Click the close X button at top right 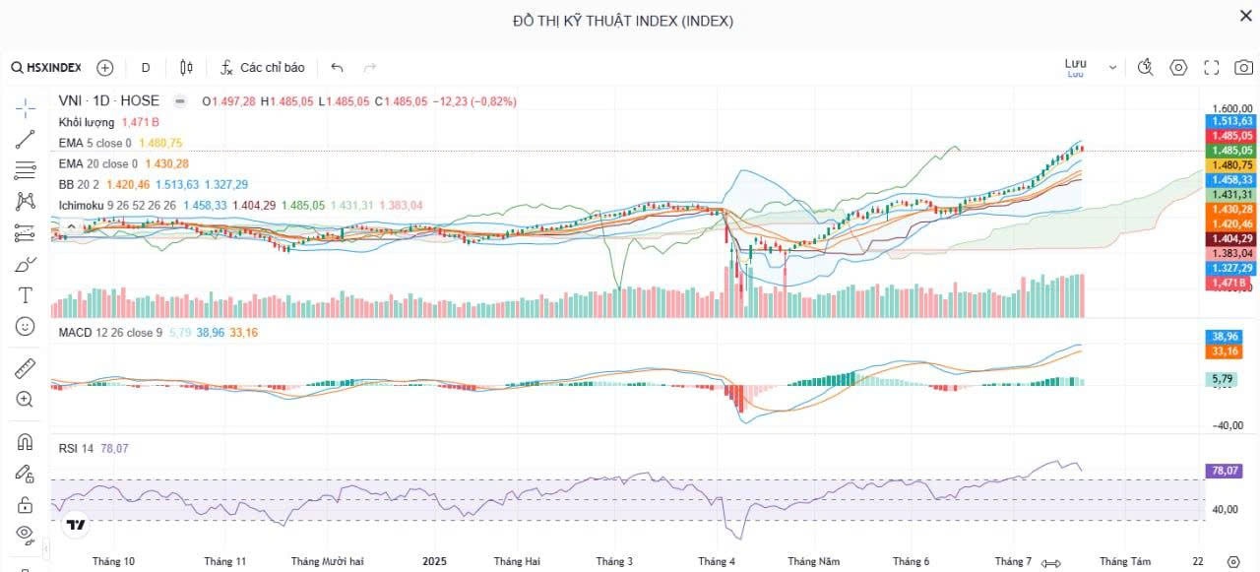tap(1245, 15)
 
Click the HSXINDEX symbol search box tap(47, 68)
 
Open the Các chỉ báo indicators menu tap(262, 68)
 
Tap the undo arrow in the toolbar tap(338, 68)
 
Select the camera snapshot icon tap(1243, 68)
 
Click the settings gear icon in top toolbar tap(1178, 68)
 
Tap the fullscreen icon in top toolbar tap(1212, 68)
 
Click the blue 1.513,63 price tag tap(1231, 121)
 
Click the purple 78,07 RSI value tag tap(1226, 472)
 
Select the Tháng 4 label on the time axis tap(717, 561)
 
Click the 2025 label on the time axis tap(434, 561)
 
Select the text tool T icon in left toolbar tap(26, 295)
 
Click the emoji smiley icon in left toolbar tap(26, 326)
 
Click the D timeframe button tap(146, 68)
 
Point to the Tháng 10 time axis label tap(113, 561)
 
